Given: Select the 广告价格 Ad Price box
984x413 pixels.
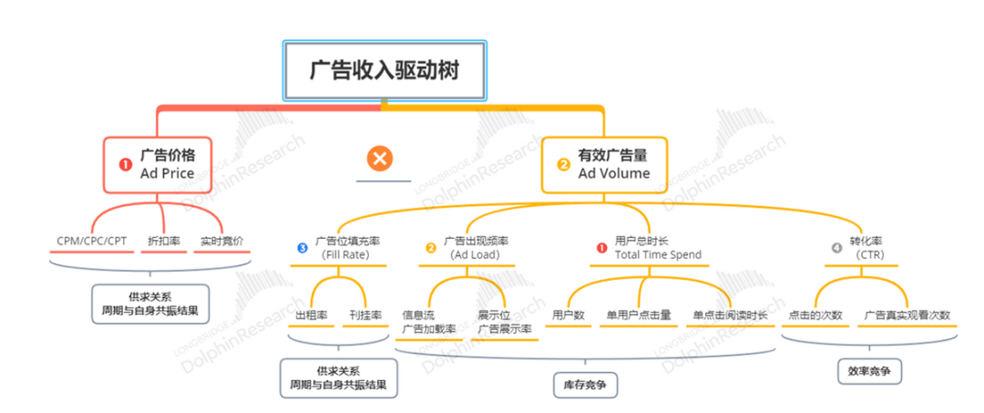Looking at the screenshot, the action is [x=163, y=164].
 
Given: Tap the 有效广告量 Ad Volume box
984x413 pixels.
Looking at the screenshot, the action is [x=604, y=164].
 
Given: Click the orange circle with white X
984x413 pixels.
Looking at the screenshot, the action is [x=380, y=160].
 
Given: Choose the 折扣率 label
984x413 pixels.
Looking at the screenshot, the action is [x=163, y=241].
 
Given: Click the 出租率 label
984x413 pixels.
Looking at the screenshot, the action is [x=311, y=315].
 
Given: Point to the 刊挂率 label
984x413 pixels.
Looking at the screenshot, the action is [x=364, y=315].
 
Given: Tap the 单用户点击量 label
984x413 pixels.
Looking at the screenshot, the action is [x=639, y=315].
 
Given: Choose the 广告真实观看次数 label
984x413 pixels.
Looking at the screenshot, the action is [x=907, y=315].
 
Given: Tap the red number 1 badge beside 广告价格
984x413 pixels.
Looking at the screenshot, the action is [x=126, y=165].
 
